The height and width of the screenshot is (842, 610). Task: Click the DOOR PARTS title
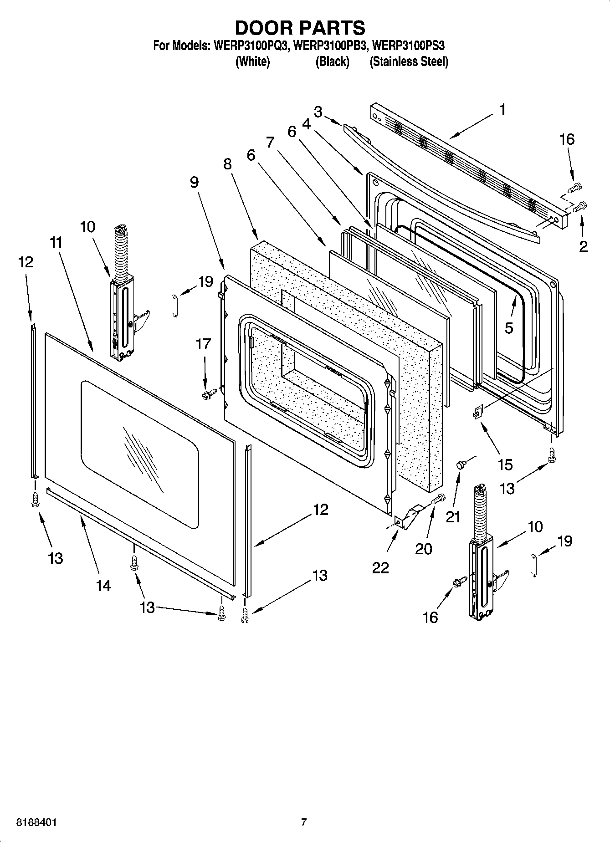[x=300, y=28]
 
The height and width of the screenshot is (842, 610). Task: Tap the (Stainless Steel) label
[x=409, y=62]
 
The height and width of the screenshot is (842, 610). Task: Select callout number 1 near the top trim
[x=502, y=110]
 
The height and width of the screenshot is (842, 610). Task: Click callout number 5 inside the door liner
[x=509, y=327]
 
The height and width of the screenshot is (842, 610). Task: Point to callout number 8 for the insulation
[x=227, y=164]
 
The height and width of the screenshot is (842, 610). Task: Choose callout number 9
[x=194, y=183]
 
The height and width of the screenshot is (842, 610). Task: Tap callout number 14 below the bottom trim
[x=103, y=586]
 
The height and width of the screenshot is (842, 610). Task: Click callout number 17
[x=203, y=344]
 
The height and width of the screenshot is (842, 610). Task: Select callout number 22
[x=380, y=567]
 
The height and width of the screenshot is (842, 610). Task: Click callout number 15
[x=505, y=464]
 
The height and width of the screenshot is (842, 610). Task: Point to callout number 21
[x=452, y=517]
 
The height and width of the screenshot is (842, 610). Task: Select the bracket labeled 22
[x=407, y=517]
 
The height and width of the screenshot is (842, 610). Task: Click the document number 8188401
[x=36, y=823]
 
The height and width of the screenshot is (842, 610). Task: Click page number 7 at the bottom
[x=303, y=822]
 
